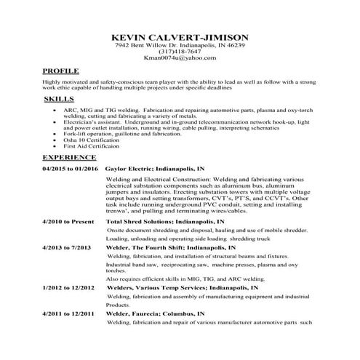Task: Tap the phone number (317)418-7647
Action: point(180,52)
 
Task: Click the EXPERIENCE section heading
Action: point(69,156)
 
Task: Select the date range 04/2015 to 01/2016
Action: point(70,169)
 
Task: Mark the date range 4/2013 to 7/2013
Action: point(68,248)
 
